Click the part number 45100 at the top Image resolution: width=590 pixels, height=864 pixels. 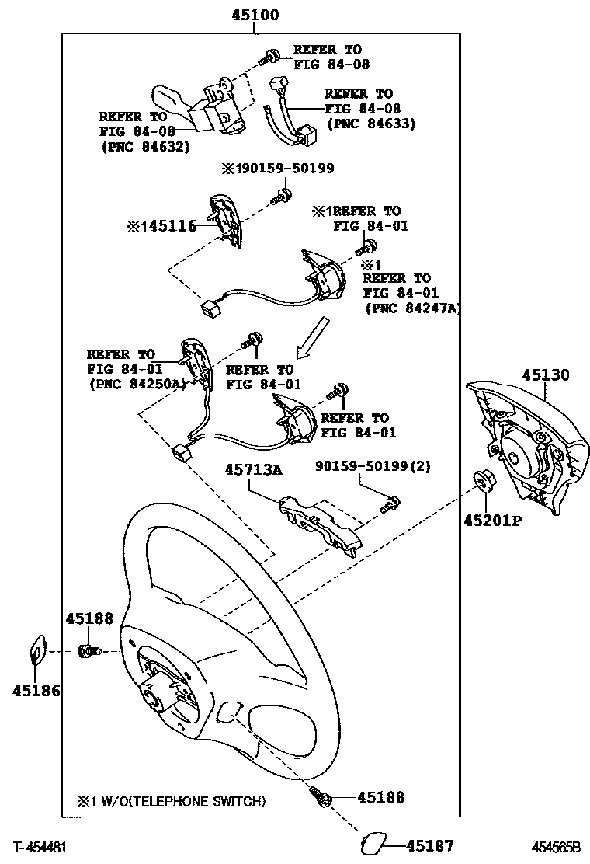pos(255,15)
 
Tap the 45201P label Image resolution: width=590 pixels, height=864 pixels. pos(492,520)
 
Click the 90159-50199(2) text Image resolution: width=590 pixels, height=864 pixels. pos(373,466)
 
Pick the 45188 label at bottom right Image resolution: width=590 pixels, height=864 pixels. pos(382,797)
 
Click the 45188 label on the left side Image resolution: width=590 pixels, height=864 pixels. pos(89,618)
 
